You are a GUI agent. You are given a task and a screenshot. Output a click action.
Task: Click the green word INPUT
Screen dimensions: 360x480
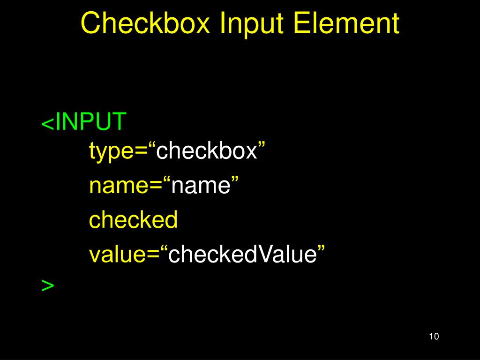pos(91,122)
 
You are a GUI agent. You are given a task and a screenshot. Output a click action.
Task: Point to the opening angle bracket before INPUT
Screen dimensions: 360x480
pos(47,124)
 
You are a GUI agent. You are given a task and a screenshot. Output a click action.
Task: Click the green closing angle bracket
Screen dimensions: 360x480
pos(48,285)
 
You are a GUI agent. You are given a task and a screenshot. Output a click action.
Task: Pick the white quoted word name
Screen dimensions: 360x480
pos(201,186)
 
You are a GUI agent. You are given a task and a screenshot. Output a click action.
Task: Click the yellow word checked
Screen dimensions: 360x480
pos(134,220)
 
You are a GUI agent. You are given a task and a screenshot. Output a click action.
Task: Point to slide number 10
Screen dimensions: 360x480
pos(433,337)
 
